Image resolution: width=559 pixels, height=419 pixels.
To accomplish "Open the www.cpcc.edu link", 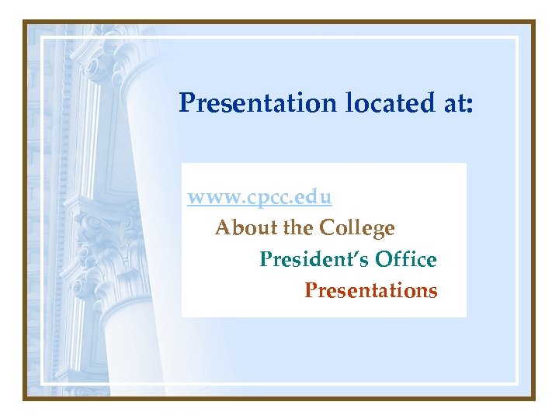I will [260, 197].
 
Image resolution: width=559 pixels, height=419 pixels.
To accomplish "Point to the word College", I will [357, 228].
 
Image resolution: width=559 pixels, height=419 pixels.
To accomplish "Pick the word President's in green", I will [313, 259].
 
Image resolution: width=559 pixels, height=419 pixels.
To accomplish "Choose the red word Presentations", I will [371, 291].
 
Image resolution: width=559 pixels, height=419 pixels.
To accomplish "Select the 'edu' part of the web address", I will [317, 197].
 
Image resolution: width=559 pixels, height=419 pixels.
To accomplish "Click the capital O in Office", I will [381, 259].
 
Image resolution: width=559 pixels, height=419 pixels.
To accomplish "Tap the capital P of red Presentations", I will [311, 291].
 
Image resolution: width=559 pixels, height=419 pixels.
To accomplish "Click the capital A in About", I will [223, 228].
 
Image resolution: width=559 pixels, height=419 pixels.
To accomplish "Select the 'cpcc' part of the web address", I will [263, 199].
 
